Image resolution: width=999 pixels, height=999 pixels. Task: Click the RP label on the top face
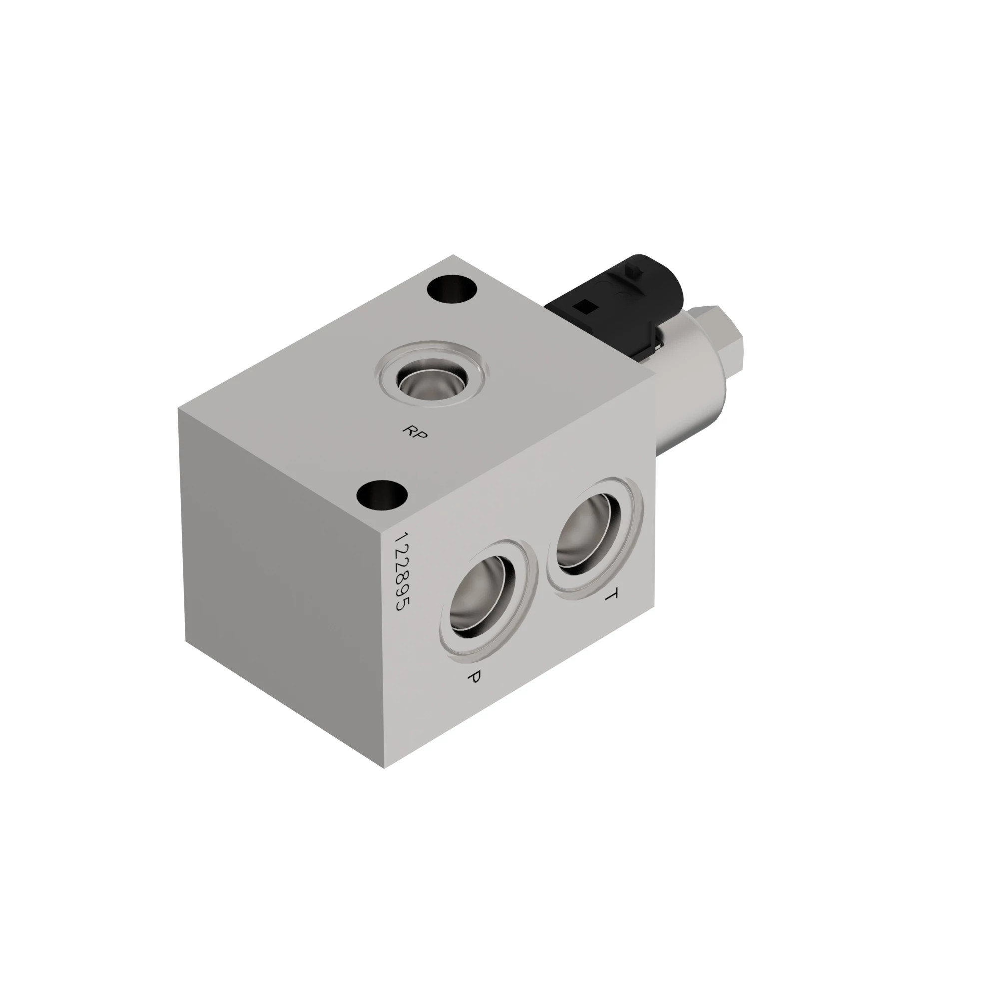pyautogui.click(x=415, y=432)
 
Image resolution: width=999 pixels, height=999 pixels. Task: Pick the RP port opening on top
pyautogui.click(x=432, y=382)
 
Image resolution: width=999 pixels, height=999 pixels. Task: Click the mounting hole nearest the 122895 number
pyautogui.click(x=383, y=496)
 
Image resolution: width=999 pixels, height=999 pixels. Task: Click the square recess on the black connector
pyautogui.click(x=588, y=307)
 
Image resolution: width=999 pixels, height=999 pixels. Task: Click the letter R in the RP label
pyautogui.click(x=410, y=429)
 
